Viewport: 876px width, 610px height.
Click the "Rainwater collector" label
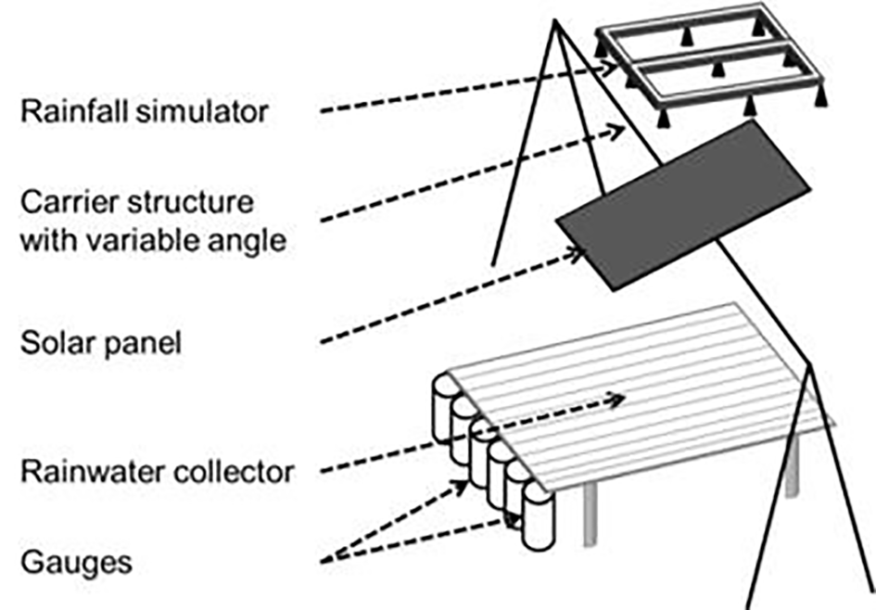click(x=156, y=472)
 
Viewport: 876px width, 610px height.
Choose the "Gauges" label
click(x=76, y=560)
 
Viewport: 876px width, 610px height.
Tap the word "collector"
click(x=236, y=472)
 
